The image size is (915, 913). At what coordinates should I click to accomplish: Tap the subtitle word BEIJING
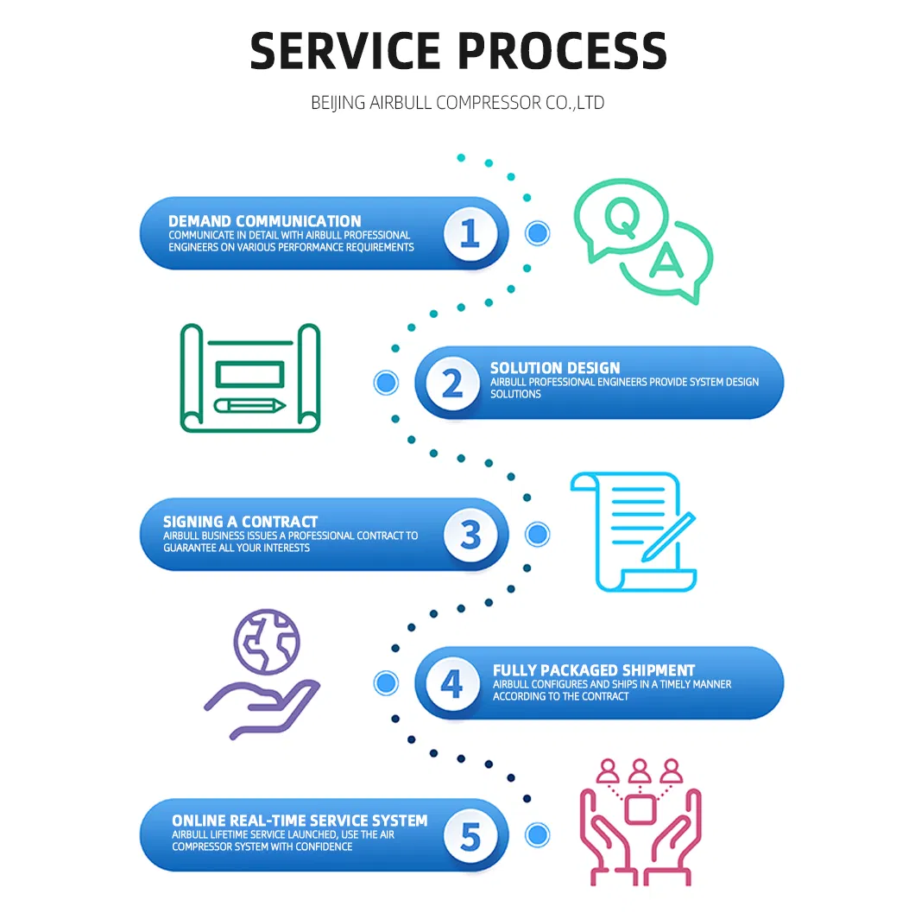pyautogui.click(x=338, y=103)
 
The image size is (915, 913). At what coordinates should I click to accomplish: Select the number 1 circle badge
pyautogui.click(x=470, y=233)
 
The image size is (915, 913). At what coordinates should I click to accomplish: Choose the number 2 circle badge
pyautogui.click(x=451, y=383)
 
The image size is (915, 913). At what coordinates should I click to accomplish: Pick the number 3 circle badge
pyautogui.click(x=470, y=534)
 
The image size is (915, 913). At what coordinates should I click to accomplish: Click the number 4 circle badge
pyautogui.click(x=451, y=683)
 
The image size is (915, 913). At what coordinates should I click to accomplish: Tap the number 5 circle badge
pyautogui.click(x=470, y=835)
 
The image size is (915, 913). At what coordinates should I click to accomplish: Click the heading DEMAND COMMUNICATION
pyautogui.click(x=264, y=221)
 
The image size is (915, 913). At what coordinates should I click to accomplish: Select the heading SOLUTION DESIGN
pyautogui.click(x=555, y=368)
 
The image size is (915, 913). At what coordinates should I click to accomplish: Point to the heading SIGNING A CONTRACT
pyautogui.click(x=240, y=522)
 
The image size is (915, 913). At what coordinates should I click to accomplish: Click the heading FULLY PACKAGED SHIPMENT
pyautogui.click(x=594, y=670)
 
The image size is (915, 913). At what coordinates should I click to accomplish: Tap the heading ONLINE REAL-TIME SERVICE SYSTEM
pyautogui.click(x=300, y=821)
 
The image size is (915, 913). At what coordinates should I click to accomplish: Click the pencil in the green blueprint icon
pyautogui.click(x=250, y=404)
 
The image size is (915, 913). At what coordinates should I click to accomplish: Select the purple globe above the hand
pyautogui.click(x=266, y=644)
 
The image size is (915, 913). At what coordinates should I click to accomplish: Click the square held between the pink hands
pyautogui.click(x=639, y=810)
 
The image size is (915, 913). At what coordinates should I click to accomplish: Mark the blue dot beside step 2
pyautogui.click(x=386, y=383)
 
